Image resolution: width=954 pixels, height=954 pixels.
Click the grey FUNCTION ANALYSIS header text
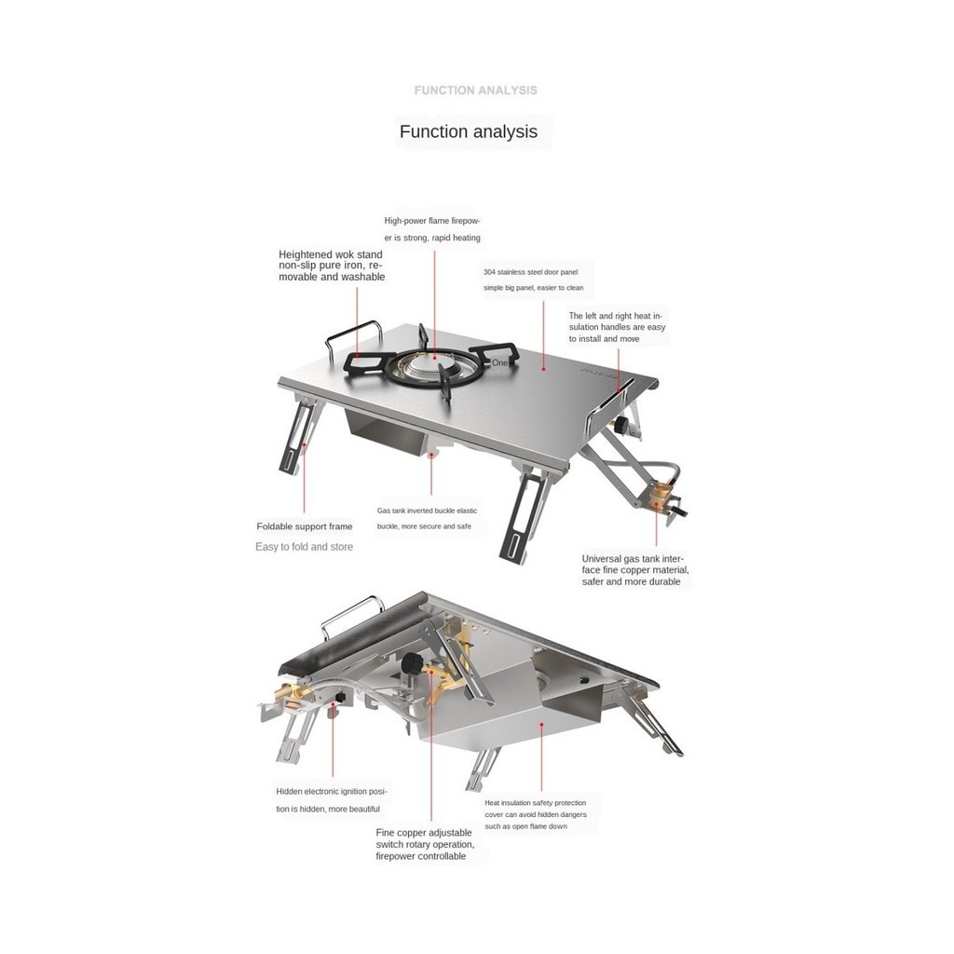[x=475, y=90]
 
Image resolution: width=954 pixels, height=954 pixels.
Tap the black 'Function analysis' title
[x=468, y=131]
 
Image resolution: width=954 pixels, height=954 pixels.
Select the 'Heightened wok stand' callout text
[x=331, y=266]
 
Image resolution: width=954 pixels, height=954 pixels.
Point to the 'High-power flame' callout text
[x=432, y=229]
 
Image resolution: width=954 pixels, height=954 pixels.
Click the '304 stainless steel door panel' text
[x=532, y=279]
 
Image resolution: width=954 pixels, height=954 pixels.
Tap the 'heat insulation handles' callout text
[x=617, y=327]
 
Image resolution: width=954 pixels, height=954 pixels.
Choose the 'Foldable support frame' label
[x=305, y=526]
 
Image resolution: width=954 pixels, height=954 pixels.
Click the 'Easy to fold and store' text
[x=304, y=547]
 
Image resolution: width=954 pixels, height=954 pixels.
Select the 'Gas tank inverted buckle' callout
[x=427, y=518]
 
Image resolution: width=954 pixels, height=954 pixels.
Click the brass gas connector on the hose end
[x=664, y=497]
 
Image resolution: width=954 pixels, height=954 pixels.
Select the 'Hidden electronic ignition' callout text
[x=331, y=799]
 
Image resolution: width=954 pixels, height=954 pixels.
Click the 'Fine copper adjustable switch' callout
[x=425, y=844]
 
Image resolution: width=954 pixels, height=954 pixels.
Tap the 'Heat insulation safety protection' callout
[x=535, y=813]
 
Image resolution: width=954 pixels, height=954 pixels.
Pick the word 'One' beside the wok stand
[x=500, y=362]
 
